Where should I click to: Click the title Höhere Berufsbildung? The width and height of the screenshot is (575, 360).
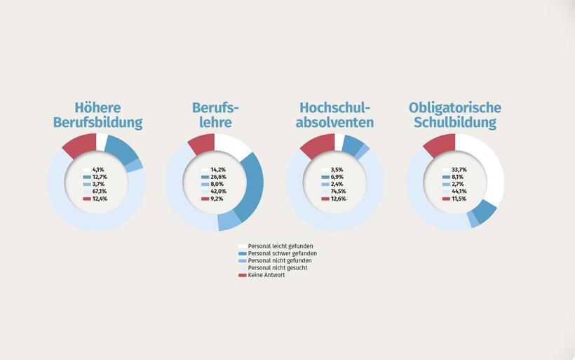click(97, 115)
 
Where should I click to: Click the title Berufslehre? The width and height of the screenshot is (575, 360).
click(215, 115)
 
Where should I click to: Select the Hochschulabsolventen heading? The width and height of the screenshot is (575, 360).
click(336, 115)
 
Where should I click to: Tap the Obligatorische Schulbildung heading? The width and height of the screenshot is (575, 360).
click(454, 115)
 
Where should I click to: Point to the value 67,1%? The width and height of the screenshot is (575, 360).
click(100, 192)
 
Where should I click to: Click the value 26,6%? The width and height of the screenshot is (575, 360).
click(219, 177)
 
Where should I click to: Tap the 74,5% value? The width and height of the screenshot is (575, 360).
click(339, 192)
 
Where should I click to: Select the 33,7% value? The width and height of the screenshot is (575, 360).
click(459, 170)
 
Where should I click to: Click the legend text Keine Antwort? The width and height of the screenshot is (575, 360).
click(266, 275)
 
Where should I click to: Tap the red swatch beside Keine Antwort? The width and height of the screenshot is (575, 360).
click(243, 275)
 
